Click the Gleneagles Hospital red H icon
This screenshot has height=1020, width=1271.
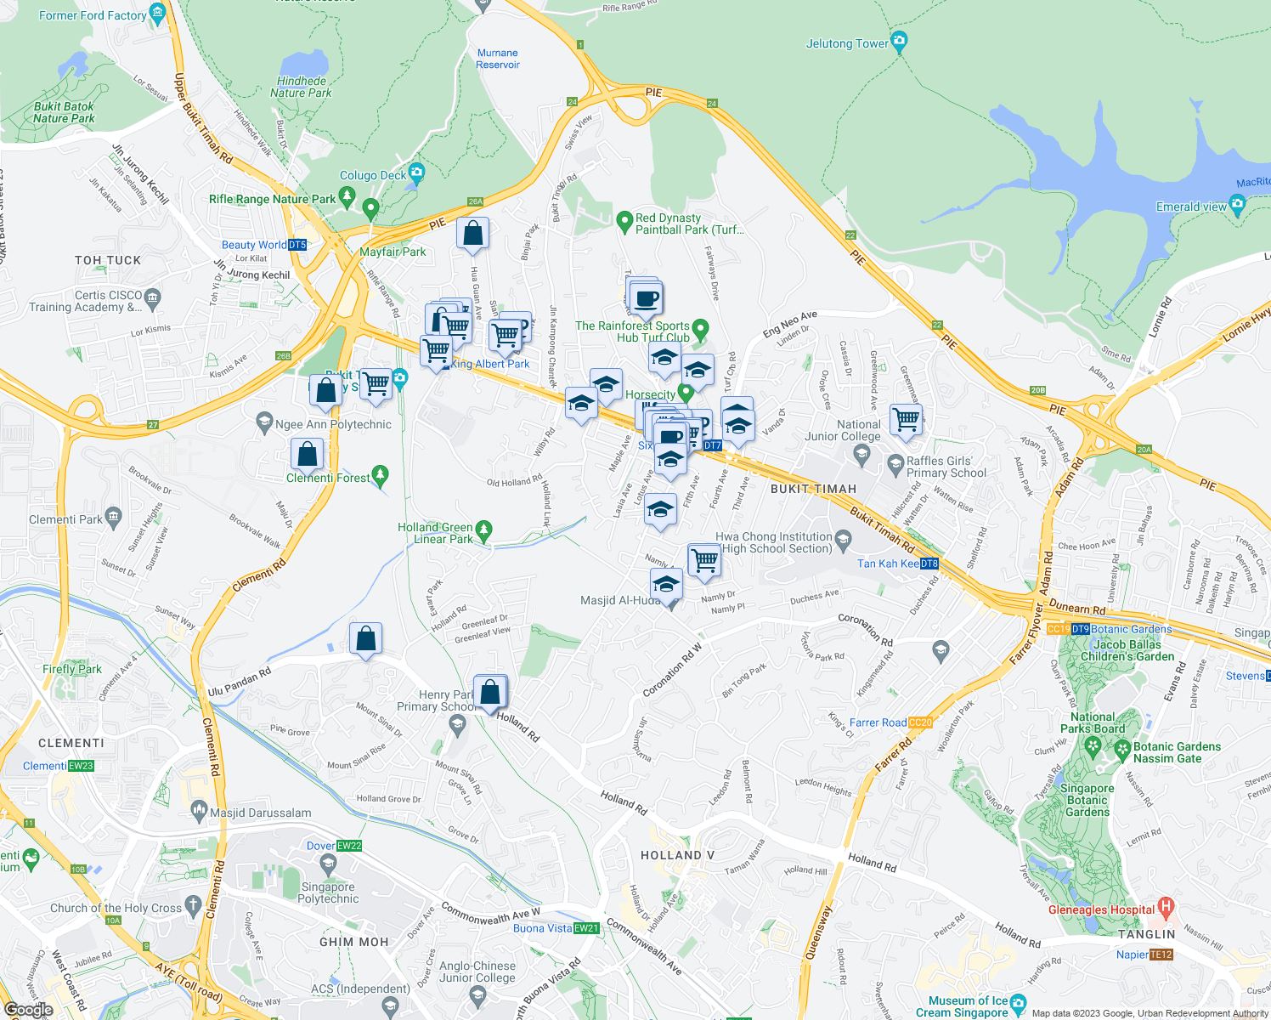(x=1166, y=908)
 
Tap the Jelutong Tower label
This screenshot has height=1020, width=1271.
(x=847, y=43)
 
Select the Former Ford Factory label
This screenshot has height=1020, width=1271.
(x=93, y=15)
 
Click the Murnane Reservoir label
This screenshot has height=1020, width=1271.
(x=498, y=59)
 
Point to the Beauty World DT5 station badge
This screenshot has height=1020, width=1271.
(x=297, y=245)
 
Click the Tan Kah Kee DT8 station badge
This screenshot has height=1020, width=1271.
(x=929, y=564)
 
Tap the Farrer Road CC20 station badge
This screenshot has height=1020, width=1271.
(x=920, y=722)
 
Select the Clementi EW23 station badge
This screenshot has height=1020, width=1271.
(x=82, y=766)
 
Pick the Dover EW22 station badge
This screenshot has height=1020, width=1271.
(x=349, y=846)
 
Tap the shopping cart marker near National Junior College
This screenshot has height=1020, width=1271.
(x=906, y=419)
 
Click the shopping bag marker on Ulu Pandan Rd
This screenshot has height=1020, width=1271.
(x=365, y=638)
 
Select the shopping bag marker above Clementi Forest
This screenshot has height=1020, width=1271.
(x=307, y=454)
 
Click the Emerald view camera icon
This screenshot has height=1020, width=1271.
(x=1237, y=203)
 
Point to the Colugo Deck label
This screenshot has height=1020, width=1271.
(x=373, y=175)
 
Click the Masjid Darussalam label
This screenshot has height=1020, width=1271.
(x=260, y=813)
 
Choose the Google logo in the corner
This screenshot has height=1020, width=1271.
(x=28, y=1009)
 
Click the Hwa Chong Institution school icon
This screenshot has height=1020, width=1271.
(x=843, y=538)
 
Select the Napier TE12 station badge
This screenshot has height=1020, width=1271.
(x=1161, y=955)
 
